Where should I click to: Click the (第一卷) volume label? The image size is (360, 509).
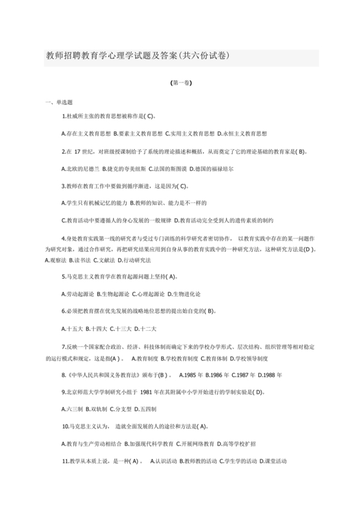(x=180, y=83)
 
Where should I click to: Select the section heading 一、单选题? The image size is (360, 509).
(x=59, y=102)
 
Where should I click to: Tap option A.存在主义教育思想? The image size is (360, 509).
(x=85, y=134)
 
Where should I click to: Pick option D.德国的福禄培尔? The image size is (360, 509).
(x=212, y=169)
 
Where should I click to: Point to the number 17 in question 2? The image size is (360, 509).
(x=81, y=152)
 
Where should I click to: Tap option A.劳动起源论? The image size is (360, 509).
(x=77, y=294)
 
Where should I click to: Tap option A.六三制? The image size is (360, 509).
(x=73, y=409)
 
